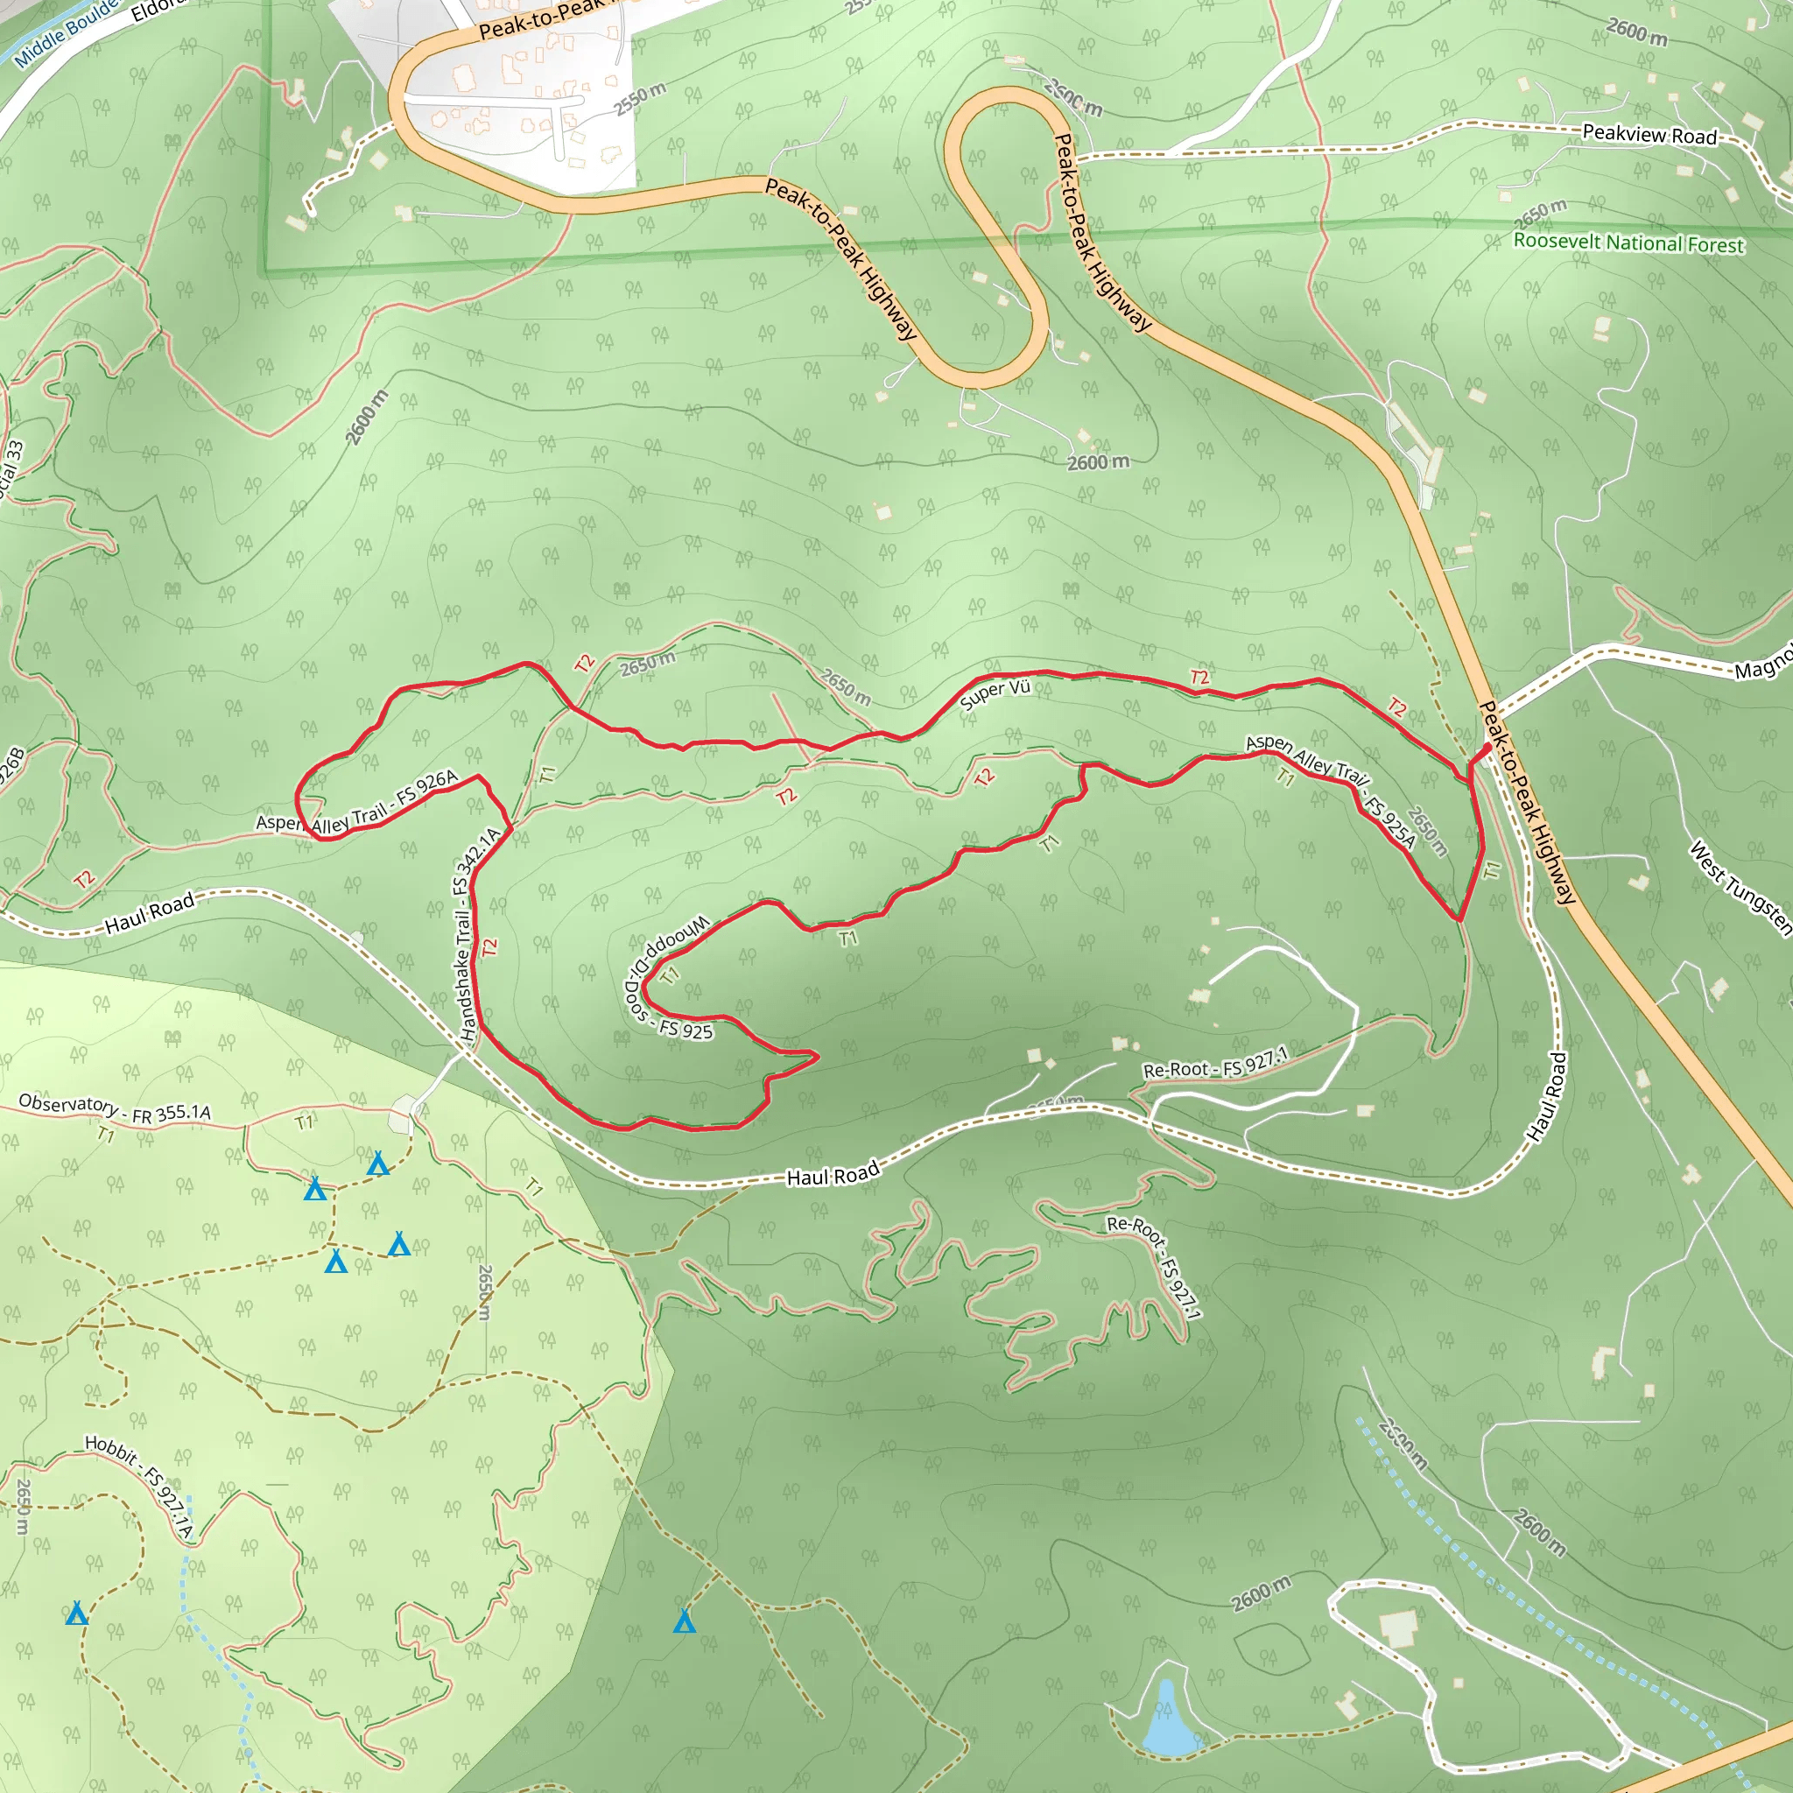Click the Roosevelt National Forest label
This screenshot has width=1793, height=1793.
(1628, 243)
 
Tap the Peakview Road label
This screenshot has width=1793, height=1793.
(1649, 135)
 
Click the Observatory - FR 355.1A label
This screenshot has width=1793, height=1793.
(114, 1109)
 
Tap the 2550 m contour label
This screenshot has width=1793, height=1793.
(639, 98)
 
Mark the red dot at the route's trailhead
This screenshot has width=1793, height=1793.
(1487, 747)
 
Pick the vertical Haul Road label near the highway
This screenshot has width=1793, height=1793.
(1547, 1096)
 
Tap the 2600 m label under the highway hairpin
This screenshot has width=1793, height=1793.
(1098, 462)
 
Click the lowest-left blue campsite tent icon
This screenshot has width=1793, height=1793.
(77, 1614)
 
